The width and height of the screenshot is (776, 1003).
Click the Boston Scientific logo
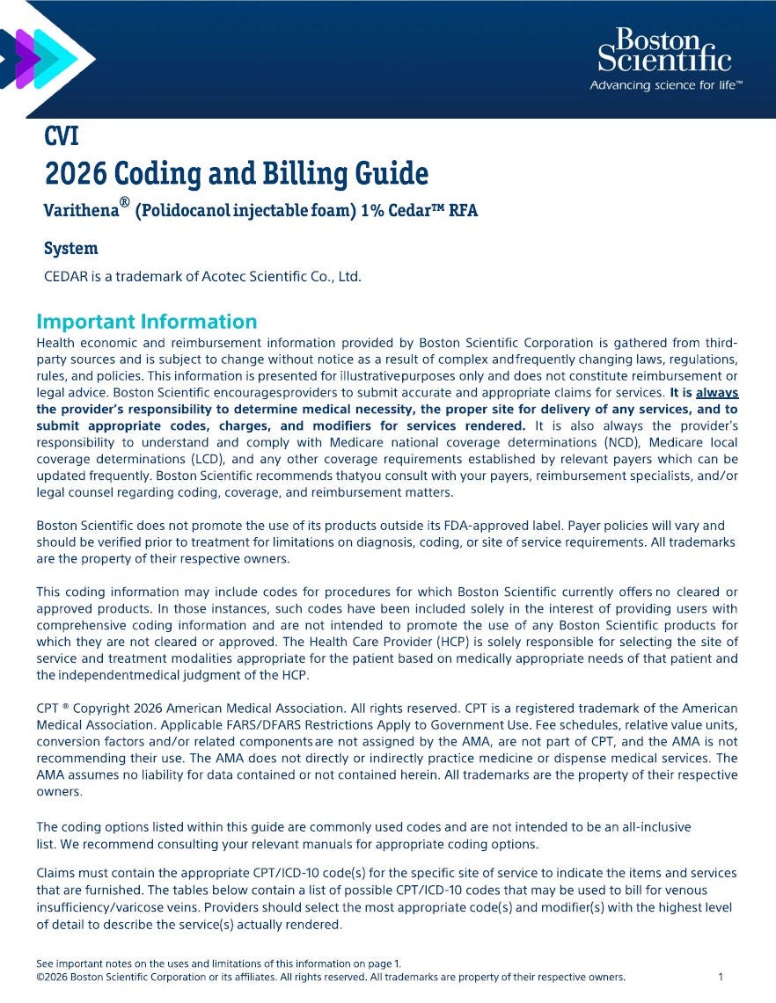664,49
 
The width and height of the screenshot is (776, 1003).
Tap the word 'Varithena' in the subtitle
83,212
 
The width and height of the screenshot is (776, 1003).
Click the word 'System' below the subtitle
70,248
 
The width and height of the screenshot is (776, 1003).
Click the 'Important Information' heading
146,322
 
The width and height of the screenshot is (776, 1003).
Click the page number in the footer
721,977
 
